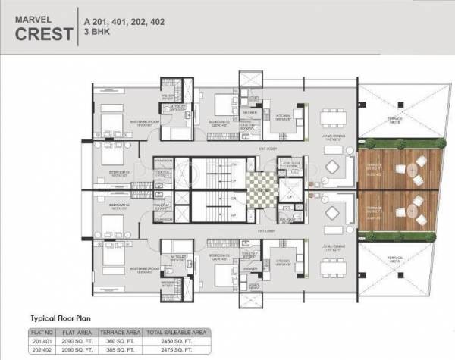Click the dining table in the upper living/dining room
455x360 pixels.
click(x=331, y=117)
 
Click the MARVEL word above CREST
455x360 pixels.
click(x=35, y=14)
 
